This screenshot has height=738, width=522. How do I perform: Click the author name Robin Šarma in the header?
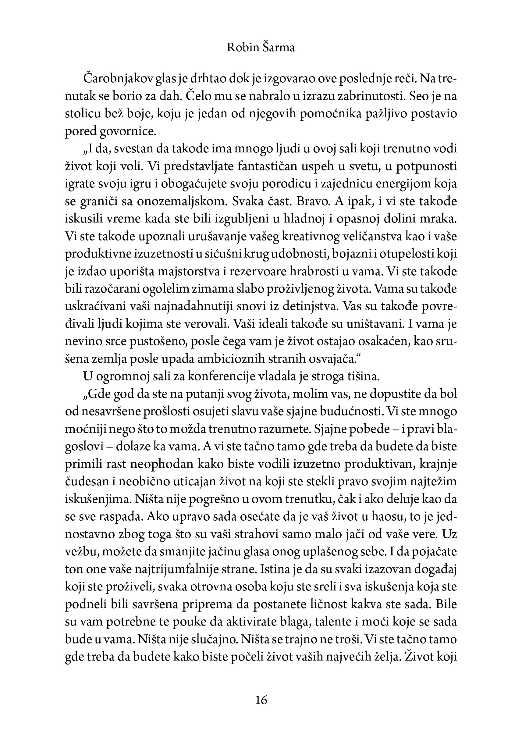point(261,48)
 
